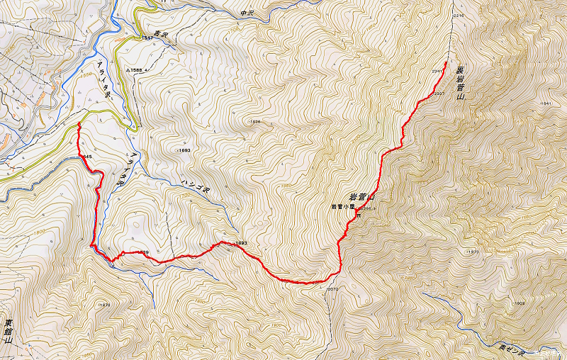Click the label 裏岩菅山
tap(460, 84)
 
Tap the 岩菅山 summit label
tap(361, 197)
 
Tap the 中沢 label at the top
tap(247, 12)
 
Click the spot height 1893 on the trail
tap(240, 244)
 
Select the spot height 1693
tap(183, 150)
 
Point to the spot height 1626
tap(255, 122)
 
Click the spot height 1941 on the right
tap(544, 104)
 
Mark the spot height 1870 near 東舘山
tap(104, 305)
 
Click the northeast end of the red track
tap(446, 62)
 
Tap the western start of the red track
tap(78, 124)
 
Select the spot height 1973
tap(473, 252)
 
